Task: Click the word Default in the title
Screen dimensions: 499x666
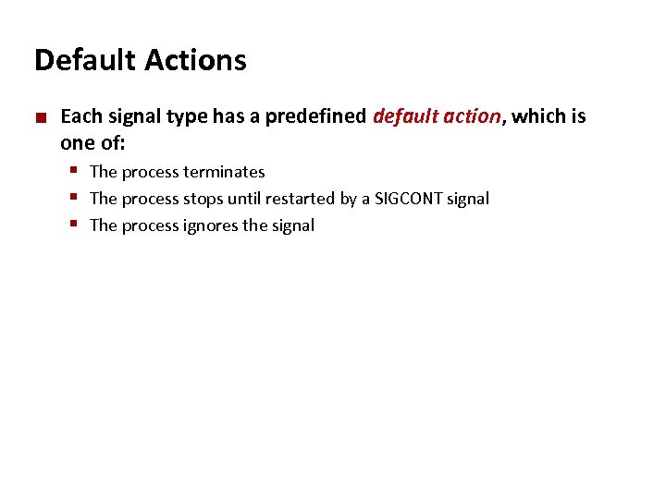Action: tap(82, 60)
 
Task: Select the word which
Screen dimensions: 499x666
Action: tap(539, 116)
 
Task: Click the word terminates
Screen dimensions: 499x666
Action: tap(224, 172)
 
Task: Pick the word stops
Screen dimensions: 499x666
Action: tap(203, 199)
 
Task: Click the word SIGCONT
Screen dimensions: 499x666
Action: tap(408, 199)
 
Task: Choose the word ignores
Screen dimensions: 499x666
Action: tap(212, 225)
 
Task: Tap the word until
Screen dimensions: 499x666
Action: tap(244, 199)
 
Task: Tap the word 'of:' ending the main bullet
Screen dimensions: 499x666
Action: tap(111, 143)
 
